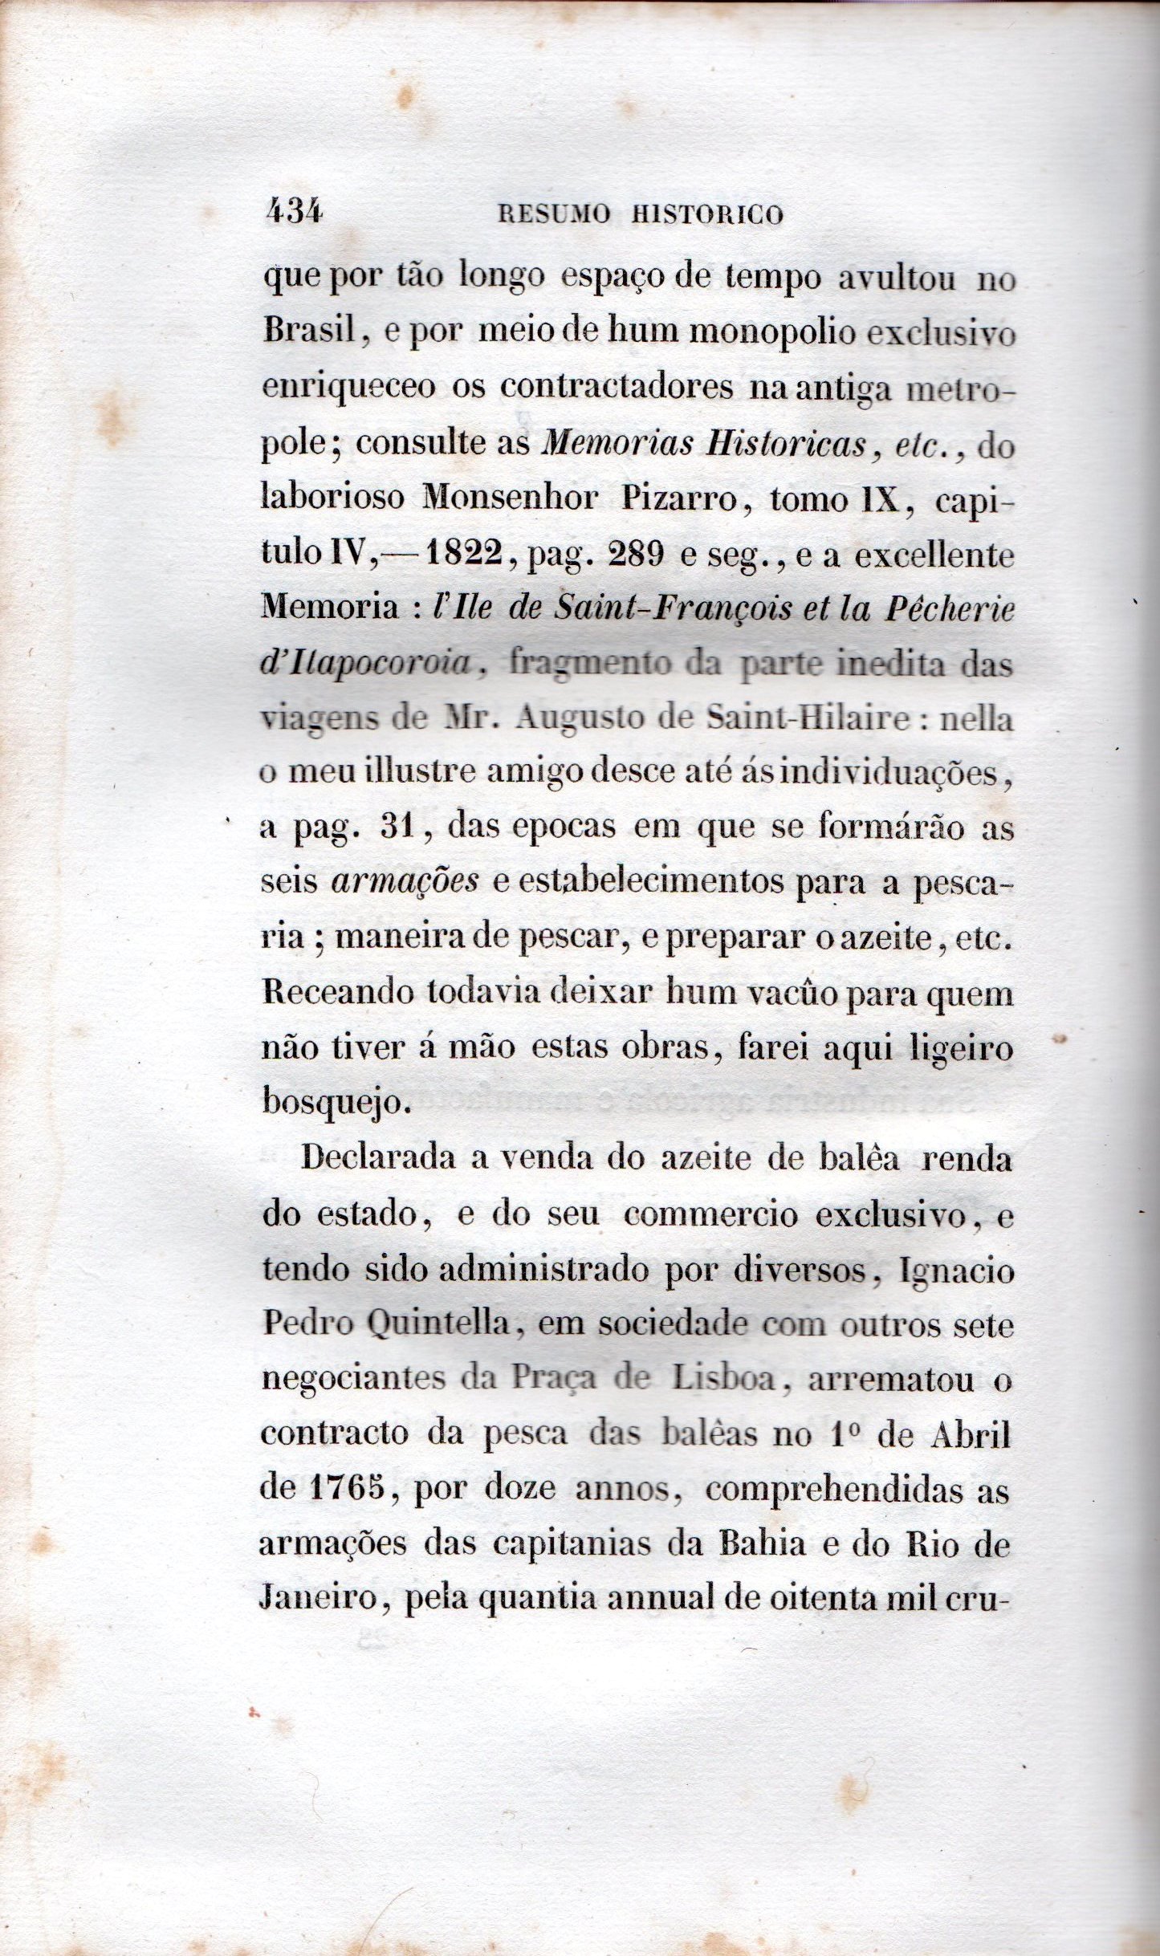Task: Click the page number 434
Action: [x=293, y=213]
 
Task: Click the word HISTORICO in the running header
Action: [x=707, y=215]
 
